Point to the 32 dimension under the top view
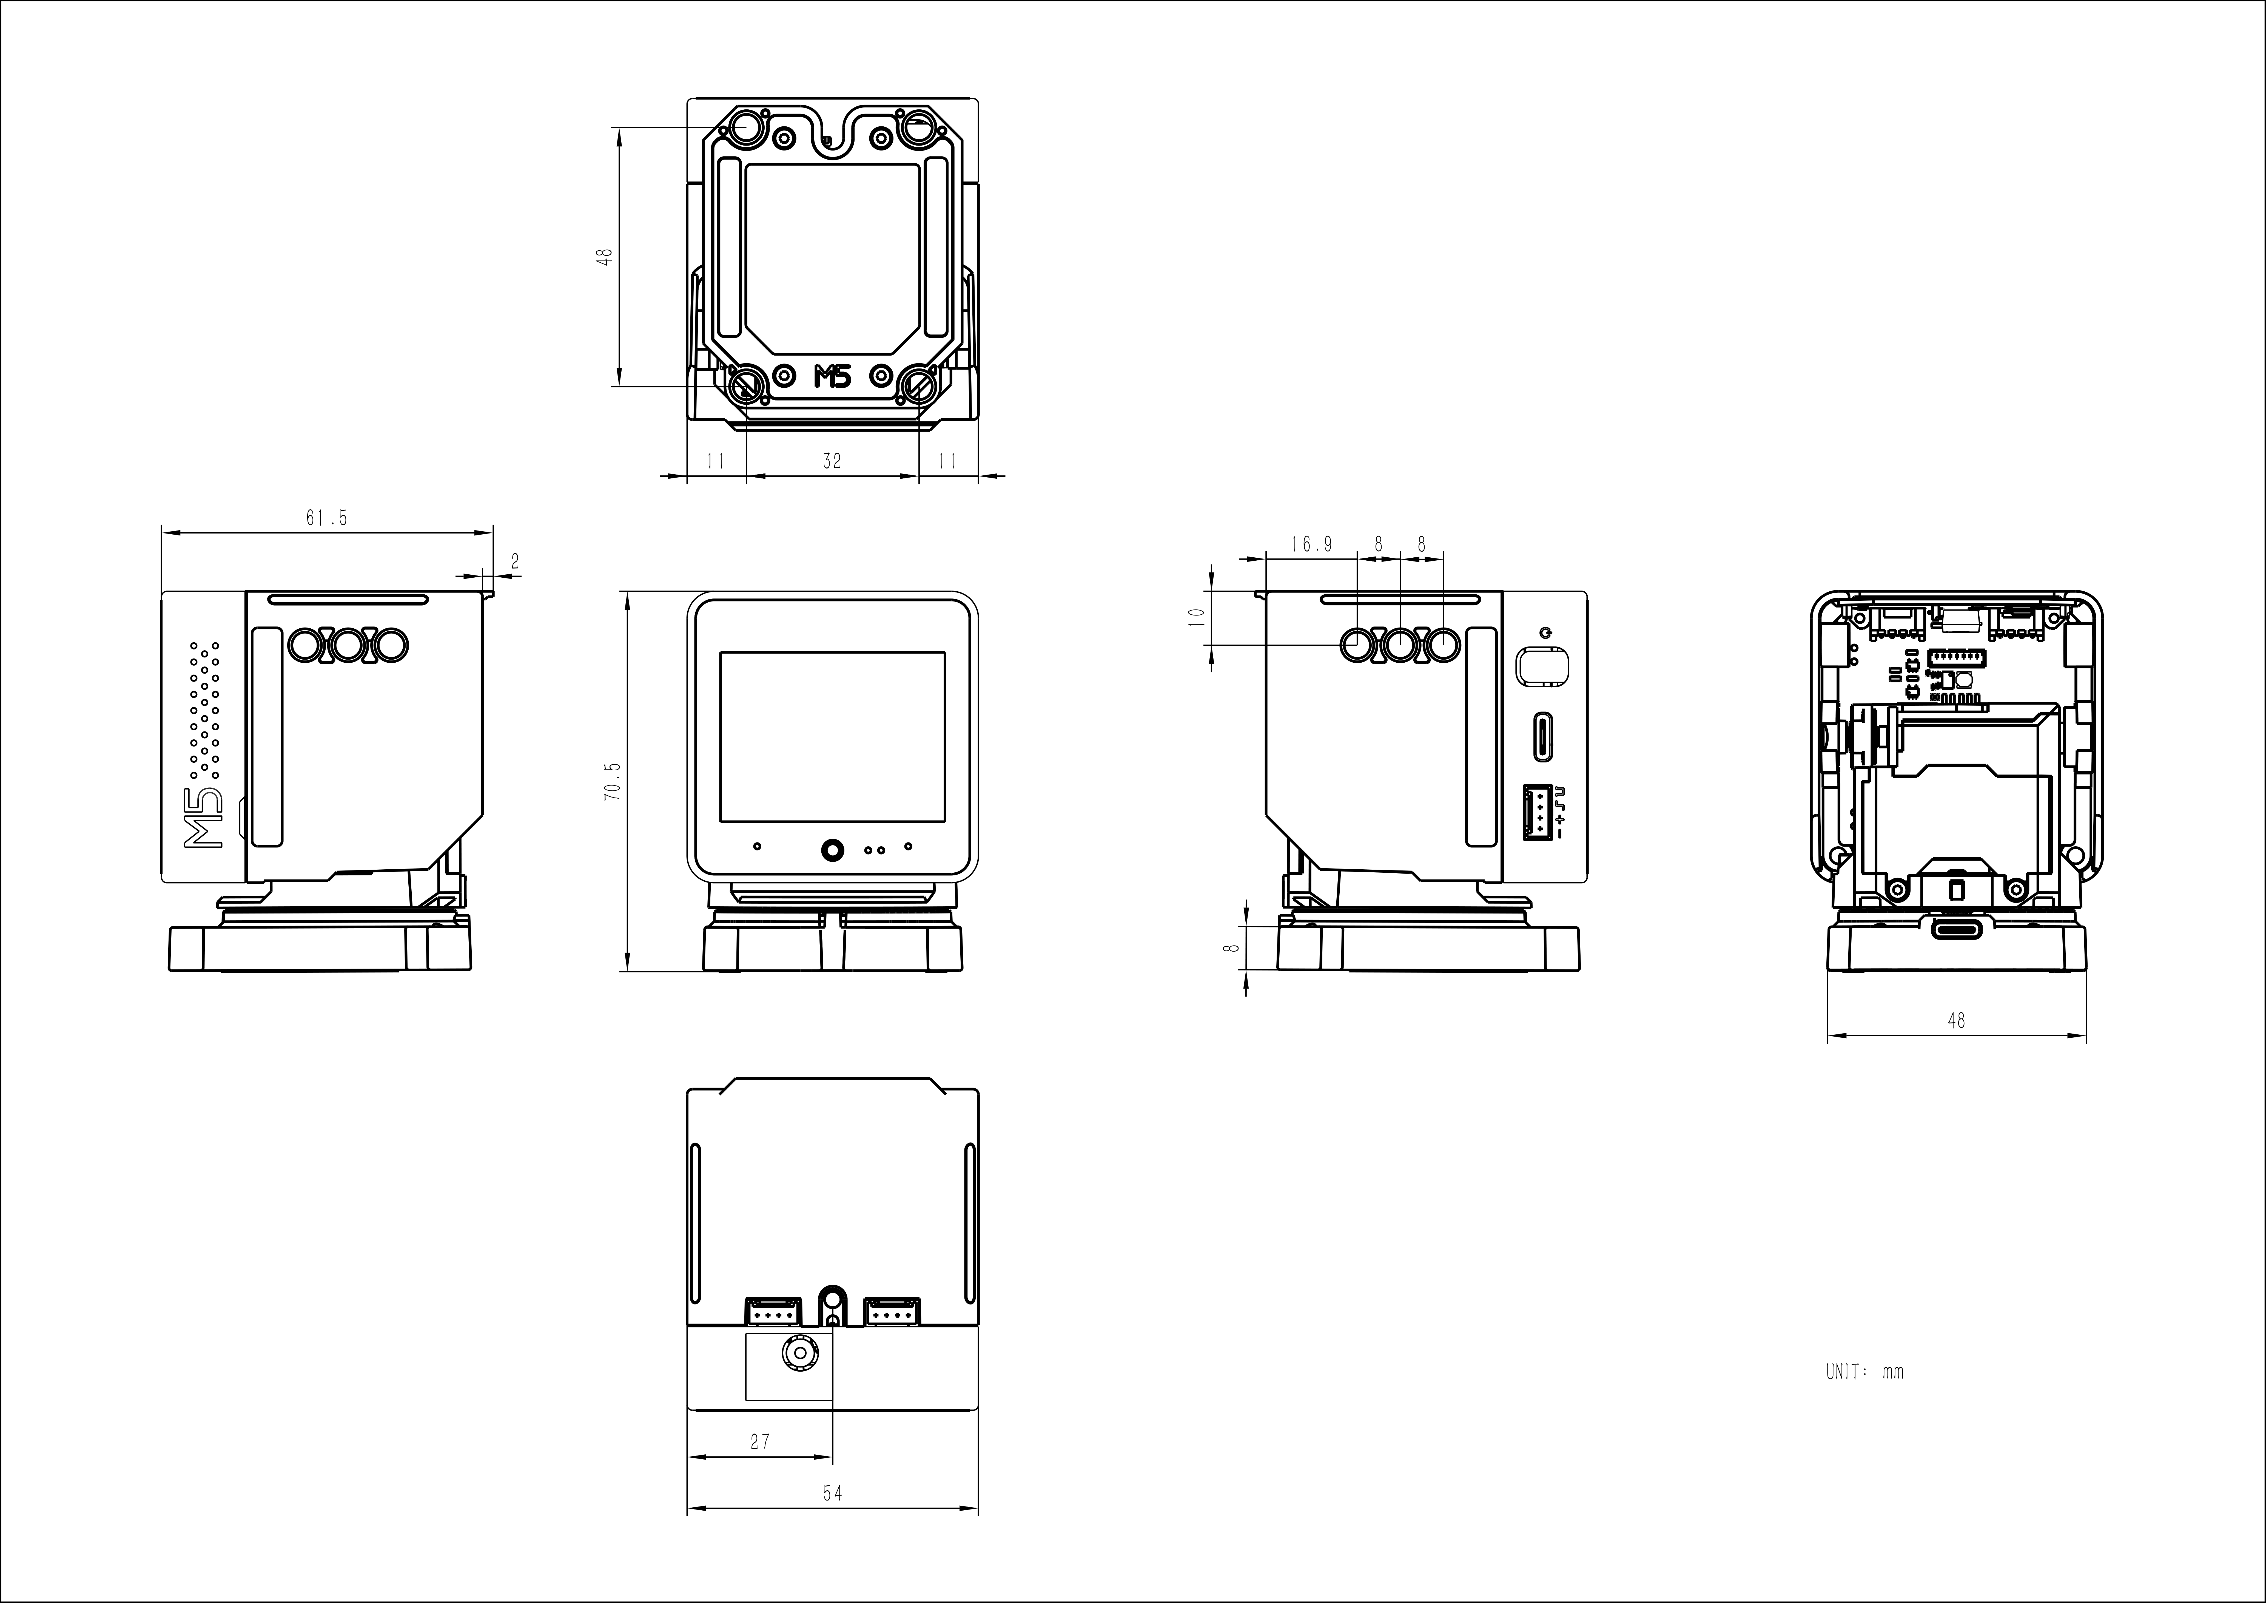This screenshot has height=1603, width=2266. (832, 461)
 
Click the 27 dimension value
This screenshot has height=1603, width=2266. (760, 1442)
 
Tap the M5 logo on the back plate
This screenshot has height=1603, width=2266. (832, 376)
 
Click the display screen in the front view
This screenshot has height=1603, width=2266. (832, 736)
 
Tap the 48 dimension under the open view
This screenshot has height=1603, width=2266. (1956, 1021)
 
